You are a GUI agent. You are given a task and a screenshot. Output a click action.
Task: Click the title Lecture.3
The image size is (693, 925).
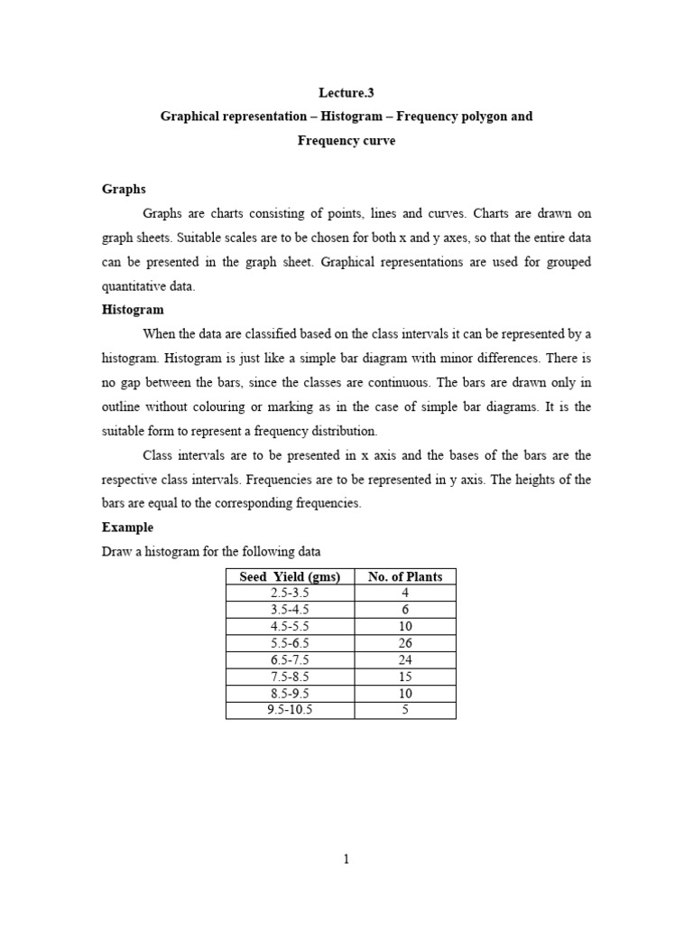pos(346,92)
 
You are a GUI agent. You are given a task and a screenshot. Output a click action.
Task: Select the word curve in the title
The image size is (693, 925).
pos(378,141)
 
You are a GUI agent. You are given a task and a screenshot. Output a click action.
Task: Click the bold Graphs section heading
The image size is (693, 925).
pos(124,189)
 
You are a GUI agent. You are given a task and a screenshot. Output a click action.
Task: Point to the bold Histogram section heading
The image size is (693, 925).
pos(133,309)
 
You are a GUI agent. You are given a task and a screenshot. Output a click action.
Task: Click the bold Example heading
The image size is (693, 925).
pos(127,527)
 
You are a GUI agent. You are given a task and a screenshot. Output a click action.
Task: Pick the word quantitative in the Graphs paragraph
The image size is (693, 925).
pos(134,285)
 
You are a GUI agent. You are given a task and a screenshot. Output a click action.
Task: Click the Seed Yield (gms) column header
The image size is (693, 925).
pos(290,577)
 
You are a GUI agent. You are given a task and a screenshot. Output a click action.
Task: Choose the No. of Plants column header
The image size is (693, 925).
pos(405,577)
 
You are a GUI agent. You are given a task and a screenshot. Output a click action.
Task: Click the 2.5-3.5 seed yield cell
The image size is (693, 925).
pos(290,593)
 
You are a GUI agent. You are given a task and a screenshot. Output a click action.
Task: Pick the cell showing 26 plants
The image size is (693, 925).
pos(405,643)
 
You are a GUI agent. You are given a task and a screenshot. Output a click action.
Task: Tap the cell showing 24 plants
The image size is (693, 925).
pos(405,660)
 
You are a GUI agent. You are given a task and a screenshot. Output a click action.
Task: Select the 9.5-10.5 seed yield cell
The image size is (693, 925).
pos(290,710)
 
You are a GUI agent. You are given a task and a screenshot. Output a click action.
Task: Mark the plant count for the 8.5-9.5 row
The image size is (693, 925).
pos(405,694)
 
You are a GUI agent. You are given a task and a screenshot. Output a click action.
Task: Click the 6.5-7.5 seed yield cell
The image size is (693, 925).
pos(290,660)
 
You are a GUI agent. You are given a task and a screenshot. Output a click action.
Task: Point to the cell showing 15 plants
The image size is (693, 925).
pos(405,677)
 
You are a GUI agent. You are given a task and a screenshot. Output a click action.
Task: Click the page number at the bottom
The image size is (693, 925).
pos(346,860)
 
